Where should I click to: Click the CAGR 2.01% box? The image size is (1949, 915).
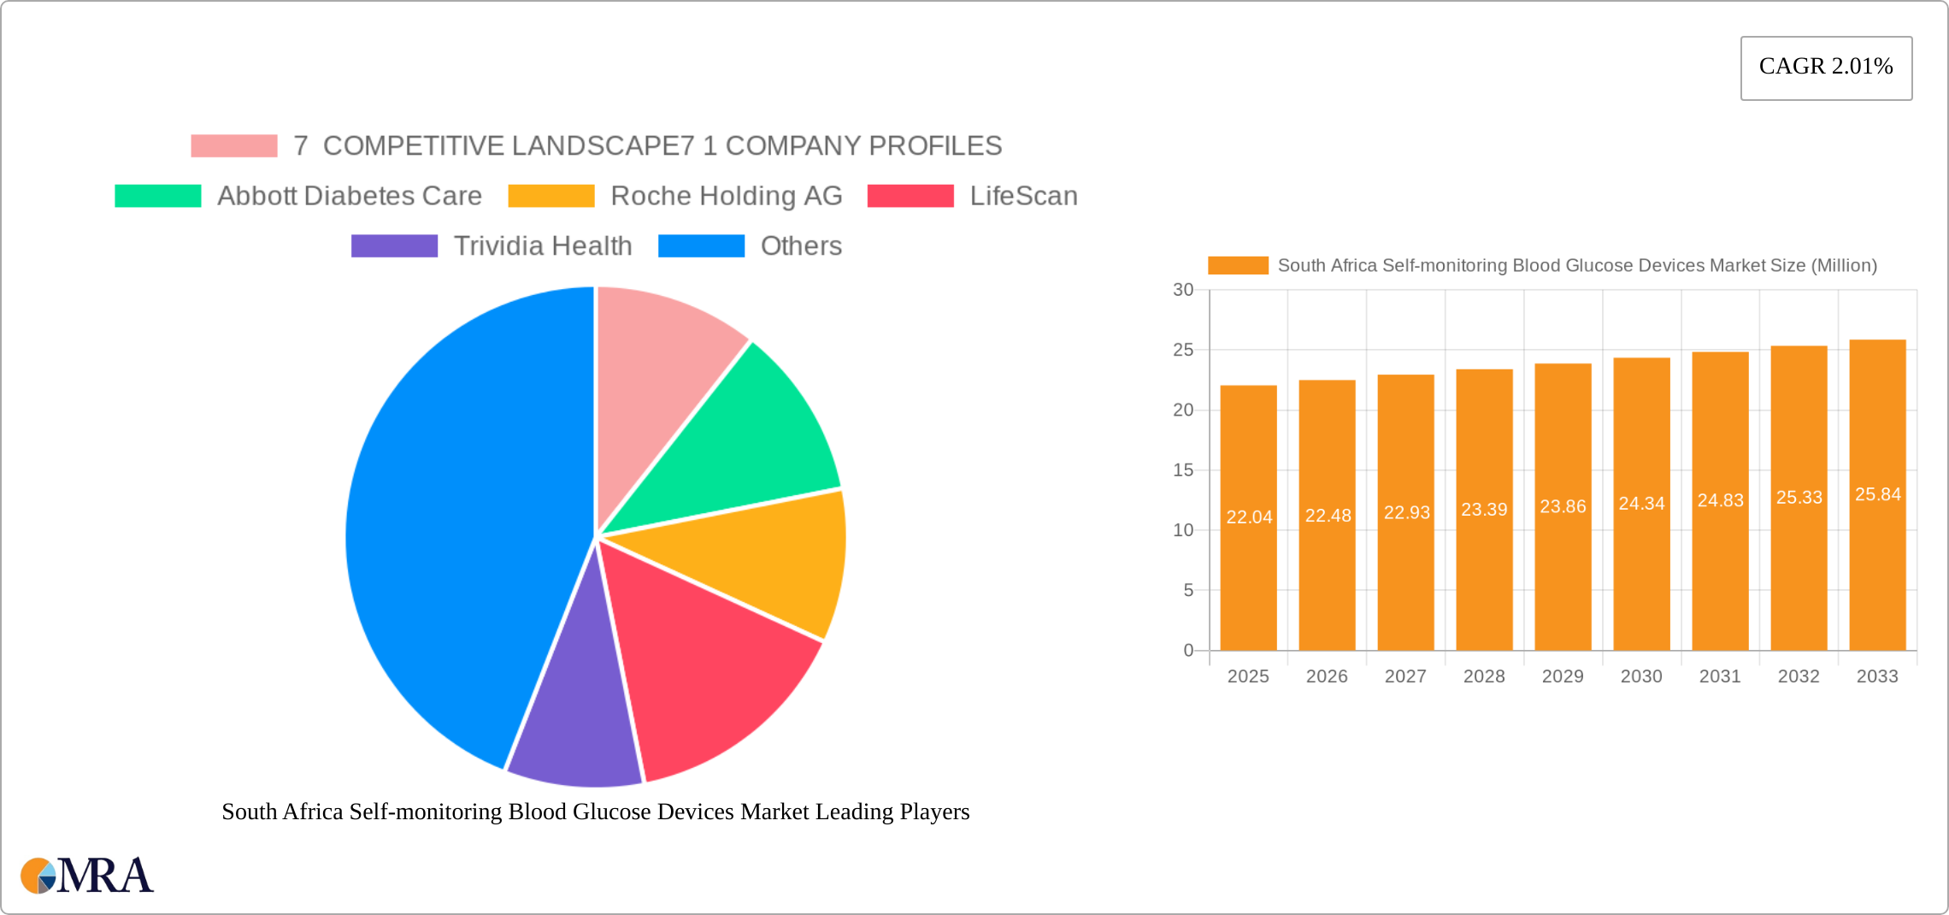click(x=1826, y=68)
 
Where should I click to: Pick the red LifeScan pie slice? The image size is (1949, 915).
click(x=710, y=667)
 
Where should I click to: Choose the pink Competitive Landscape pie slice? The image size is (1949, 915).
click(x=658, y=359)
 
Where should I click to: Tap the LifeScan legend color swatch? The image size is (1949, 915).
click(x=910, y=196)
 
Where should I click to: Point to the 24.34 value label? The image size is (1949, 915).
click(x=1641, y=504)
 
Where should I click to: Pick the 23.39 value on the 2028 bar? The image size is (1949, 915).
click(x=1484, y=510)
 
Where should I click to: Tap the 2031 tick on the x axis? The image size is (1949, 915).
click(x=1720, y=676)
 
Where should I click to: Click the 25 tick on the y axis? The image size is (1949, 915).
click(x=1183, y=350)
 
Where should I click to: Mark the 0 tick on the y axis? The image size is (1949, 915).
click(x=1188, y=651)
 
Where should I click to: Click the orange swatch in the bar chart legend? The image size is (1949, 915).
click(x=1238, y=266)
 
